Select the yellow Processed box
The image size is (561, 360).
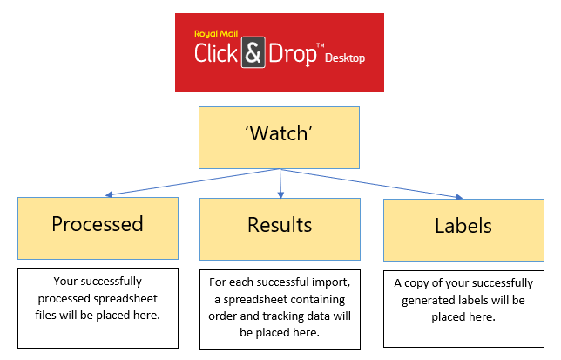98,225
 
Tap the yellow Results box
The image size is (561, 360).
279,225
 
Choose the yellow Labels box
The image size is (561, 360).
463,227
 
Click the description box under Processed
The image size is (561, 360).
98,300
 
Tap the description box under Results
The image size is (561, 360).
280,308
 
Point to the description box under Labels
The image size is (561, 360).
463,300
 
